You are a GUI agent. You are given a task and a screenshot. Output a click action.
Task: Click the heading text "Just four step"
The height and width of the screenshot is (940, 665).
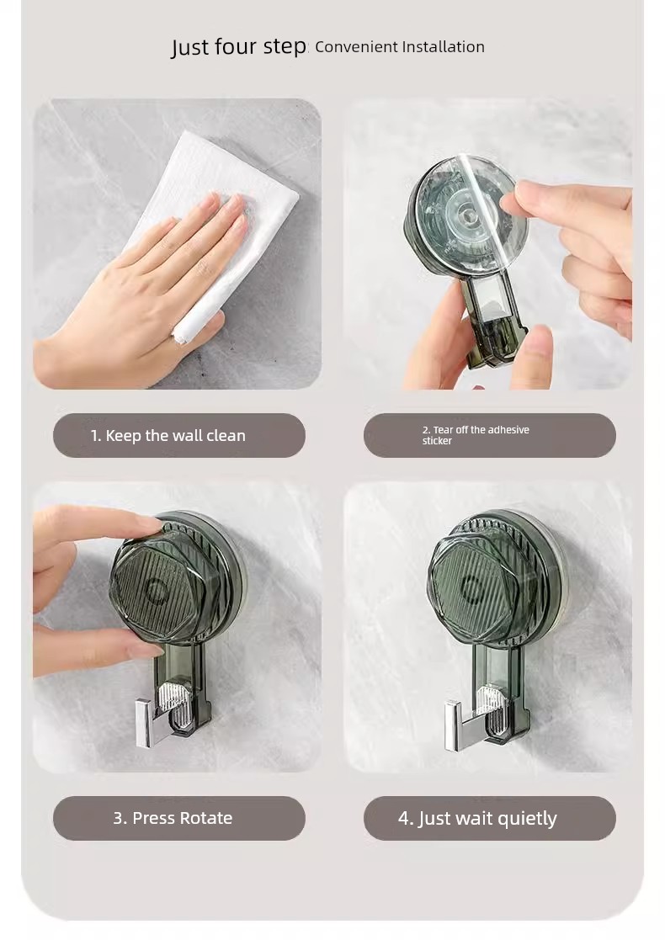(x=239, y=47)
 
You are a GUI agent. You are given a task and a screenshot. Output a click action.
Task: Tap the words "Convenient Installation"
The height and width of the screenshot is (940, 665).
(x=400, y=47)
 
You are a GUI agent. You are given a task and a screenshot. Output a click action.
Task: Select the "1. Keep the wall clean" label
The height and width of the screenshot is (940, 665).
(x=168, y=436)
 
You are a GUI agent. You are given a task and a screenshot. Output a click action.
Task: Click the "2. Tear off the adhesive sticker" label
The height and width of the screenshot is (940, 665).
(x=476, y=435)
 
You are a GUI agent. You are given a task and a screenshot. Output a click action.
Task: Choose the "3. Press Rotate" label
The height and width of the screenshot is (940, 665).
(x=173, y=818)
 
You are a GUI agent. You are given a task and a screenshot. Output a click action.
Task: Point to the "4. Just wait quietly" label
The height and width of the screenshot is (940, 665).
(x=477, y=819)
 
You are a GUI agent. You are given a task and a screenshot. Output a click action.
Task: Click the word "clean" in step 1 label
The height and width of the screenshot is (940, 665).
(x=226, y=436)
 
